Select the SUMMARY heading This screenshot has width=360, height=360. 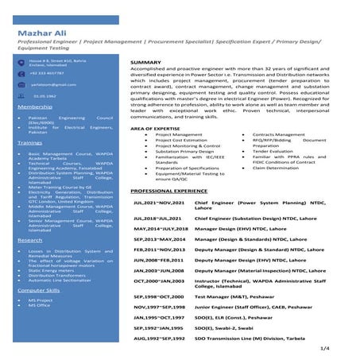(x=145, y=61)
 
